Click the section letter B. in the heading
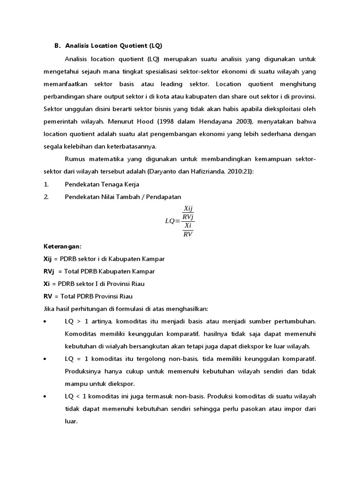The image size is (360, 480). tap(57, 46)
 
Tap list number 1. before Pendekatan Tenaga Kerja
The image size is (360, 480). tap(45, 184)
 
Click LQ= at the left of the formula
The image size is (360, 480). tap(172, 221)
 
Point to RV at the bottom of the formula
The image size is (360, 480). tap(188, 233)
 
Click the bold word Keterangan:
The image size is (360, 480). tap(62, 246)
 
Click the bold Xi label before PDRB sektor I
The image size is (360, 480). tap(46, 284)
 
